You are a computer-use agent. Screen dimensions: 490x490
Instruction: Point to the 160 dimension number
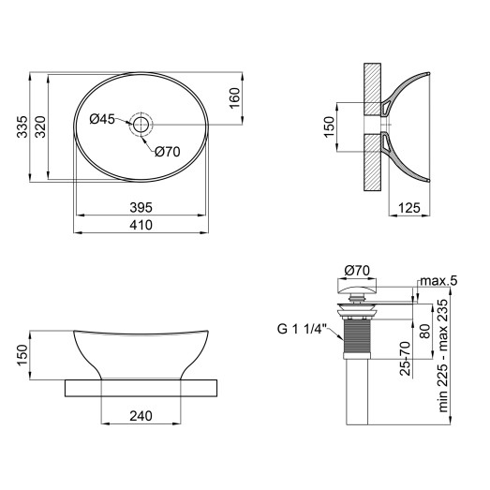[234, 97]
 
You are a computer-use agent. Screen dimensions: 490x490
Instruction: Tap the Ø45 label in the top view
[102, 119]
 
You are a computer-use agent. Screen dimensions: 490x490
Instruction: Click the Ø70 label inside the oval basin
[167, 151]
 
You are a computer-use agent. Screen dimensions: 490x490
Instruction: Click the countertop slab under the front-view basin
[141, 386]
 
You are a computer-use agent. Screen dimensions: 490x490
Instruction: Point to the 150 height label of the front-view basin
[21, 355]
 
